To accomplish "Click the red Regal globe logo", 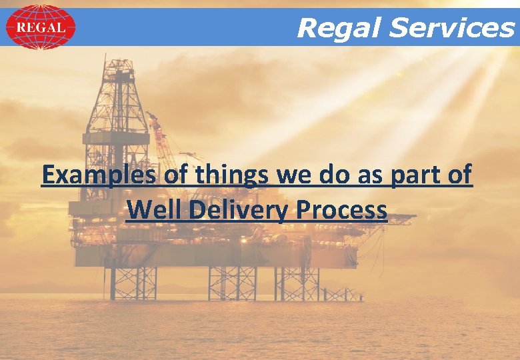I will (40, 27).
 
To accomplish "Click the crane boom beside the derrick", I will (160, 137).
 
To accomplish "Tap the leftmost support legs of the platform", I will (133, 283).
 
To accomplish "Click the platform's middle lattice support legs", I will (232, 283).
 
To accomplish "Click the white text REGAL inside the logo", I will (40, 27).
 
